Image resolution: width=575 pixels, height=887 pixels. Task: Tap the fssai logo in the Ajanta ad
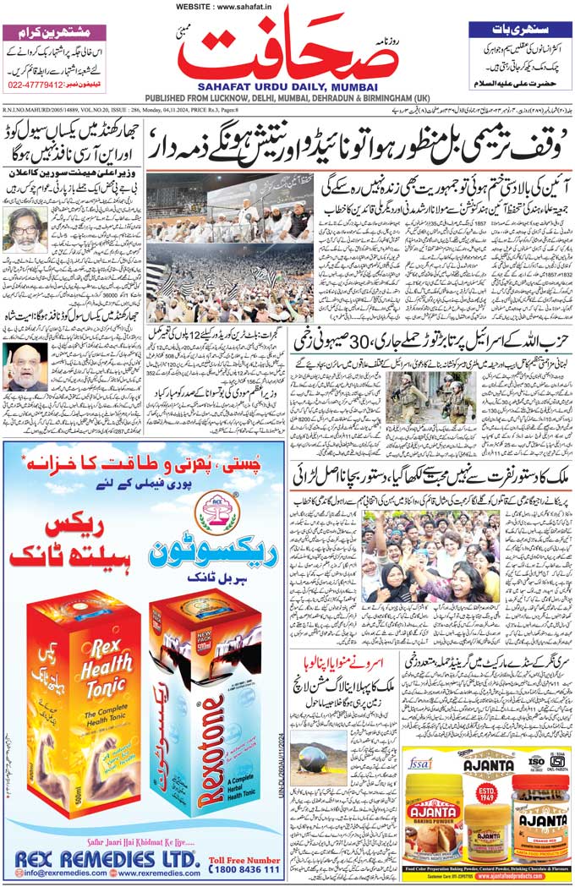coord(420,760)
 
